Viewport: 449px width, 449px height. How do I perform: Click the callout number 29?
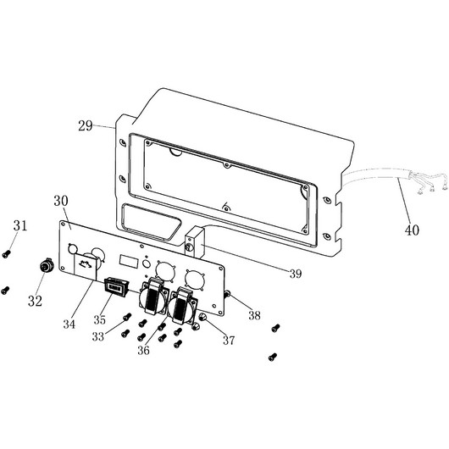point(86,125)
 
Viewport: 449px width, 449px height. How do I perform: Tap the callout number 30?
point(61,201)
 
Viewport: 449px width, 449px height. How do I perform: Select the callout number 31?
point(20,226)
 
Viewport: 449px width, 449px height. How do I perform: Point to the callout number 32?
point(35,301)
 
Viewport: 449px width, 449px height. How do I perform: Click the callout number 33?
point(98,337)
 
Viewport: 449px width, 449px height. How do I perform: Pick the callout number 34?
point(69,324)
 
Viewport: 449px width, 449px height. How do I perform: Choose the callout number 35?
point(100,320)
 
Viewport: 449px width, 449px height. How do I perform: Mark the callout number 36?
point(143,350)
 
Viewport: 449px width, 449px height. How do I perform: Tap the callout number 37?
point(229,341)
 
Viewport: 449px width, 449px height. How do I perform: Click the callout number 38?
point(254,315)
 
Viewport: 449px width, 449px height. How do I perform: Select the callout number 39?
point(296,274)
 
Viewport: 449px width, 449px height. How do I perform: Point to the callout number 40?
point(412,230)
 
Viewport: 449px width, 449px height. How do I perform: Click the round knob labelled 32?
point(47,265)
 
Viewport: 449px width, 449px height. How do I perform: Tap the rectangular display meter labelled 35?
point(116,285)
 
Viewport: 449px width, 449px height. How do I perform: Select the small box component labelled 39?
point(194,242)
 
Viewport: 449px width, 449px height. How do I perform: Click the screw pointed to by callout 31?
point(6,254)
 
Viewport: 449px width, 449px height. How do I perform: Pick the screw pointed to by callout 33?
point(126,317)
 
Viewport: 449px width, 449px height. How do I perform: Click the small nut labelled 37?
point(203,317)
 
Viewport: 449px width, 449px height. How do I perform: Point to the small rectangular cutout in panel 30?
point(129,261)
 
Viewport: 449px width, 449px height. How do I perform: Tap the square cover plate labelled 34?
point(85,267)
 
